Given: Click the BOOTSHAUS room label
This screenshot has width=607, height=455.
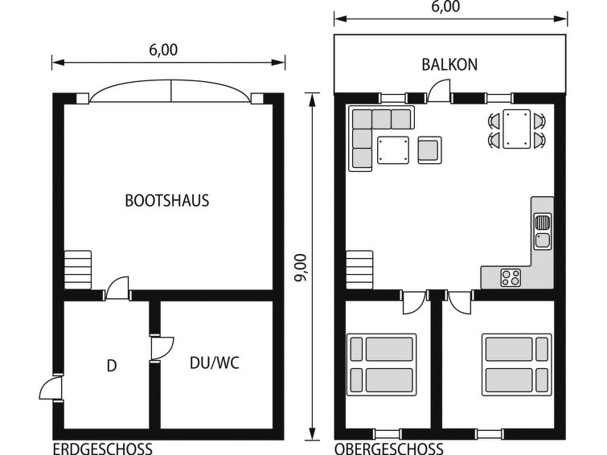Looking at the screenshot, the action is click(167, 201).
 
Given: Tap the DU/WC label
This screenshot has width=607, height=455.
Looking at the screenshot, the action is click(215, 363).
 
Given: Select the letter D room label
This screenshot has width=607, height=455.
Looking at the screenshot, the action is click(112, 366).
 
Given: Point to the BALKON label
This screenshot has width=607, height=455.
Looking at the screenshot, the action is click(449, 64).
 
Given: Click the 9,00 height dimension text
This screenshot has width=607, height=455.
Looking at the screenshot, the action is click(301, 268).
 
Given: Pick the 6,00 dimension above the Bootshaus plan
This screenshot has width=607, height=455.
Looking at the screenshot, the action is click(163, 50).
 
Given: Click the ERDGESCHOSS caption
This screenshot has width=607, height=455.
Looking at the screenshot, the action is click(103, 449).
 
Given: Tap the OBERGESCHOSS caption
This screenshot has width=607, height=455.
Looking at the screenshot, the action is click(389, 449).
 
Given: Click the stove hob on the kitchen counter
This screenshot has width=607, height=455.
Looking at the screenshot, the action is click(511, 277).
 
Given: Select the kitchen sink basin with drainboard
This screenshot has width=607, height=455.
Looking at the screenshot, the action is click(543, 232).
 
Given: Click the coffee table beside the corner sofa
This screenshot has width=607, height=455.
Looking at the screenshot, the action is click(393, 150).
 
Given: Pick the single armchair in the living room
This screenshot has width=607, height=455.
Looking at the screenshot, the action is click(429, 150).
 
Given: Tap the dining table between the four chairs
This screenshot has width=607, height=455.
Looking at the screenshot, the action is click(516, 129).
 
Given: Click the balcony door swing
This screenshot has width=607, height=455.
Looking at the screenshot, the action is click(440, 91).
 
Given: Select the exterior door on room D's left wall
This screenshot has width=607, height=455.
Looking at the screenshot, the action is click(51, 388).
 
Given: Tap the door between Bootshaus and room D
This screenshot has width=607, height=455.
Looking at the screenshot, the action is click(117, 288).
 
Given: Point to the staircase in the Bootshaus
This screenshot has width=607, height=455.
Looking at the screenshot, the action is click(78, 270).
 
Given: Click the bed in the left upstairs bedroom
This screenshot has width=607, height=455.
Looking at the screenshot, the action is click(382, 365).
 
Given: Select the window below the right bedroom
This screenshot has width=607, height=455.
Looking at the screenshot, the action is click(490, 434).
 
